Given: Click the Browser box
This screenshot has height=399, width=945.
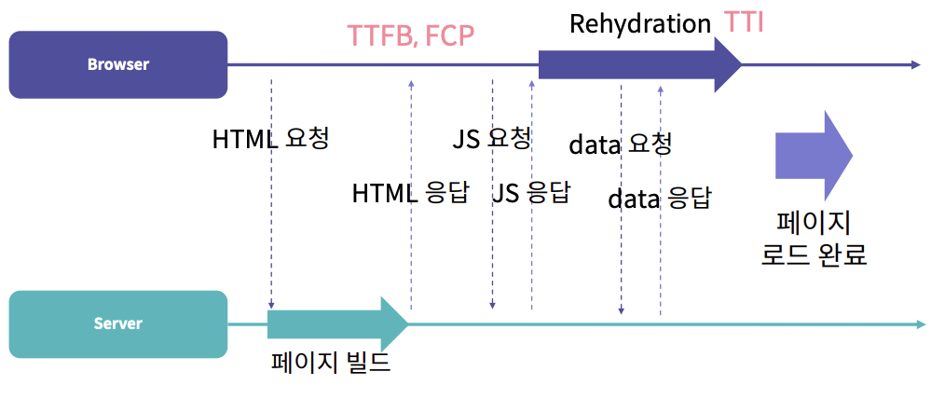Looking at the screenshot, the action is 118,65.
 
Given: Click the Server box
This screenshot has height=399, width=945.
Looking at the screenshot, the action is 118,323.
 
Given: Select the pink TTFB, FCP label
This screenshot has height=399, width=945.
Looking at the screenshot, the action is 411,35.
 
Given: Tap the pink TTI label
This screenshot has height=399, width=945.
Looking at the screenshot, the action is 744,22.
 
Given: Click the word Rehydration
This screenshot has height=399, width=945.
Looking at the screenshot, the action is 640,23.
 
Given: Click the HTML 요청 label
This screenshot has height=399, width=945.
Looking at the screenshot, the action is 270,139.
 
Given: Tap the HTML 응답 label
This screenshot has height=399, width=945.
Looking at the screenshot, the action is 409,193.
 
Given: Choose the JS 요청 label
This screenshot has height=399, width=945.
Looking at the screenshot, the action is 491,139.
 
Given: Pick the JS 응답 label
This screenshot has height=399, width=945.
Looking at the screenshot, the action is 530,193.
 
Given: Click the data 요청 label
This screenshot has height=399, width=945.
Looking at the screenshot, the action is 620,144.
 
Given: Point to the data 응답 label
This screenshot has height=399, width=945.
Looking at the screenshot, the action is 659,198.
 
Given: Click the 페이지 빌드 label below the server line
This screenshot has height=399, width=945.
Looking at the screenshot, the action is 330,363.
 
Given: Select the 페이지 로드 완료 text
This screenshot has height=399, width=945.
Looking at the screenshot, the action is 814,239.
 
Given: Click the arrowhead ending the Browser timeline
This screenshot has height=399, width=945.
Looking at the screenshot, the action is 915,65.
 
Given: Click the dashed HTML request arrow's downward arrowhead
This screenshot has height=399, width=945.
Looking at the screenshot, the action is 271,305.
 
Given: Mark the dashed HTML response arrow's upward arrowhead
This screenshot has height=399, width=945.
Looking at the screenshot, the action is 411,84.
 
